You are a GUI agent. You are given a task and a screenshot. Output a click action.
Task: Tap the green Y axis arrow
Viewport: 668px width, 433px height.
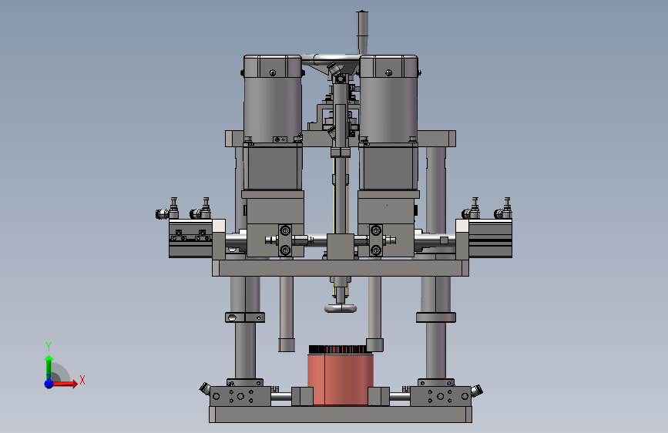(x=49, y=368)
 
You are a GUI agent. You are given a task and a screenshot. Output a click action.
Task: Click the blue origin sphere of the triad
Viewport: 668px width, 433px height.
(x=49, y=384)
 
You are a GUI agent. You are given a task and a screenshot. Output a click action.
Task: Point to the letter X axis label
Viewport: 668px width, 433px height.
(x=82, y=380)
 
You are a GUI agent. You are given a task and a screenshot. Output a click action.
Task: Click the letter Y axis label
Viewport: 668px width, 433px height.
(x=49, y=346)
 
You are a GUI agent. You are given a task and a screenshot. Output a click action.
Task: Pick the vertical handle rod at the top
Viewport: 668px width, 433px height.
(x=362, y=32)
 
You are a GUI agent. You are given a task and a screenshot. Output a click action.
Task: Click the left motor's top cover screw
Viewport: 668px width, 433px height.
(x=273, y=73)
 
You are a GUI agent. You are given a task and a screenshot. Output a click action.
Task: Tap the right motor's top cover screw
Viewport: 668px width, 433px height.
(x=388, y=73)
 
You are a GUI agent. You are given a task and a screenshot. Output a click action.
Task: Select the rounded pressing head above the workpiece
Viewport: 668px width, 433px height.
(x=340, y=308)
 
